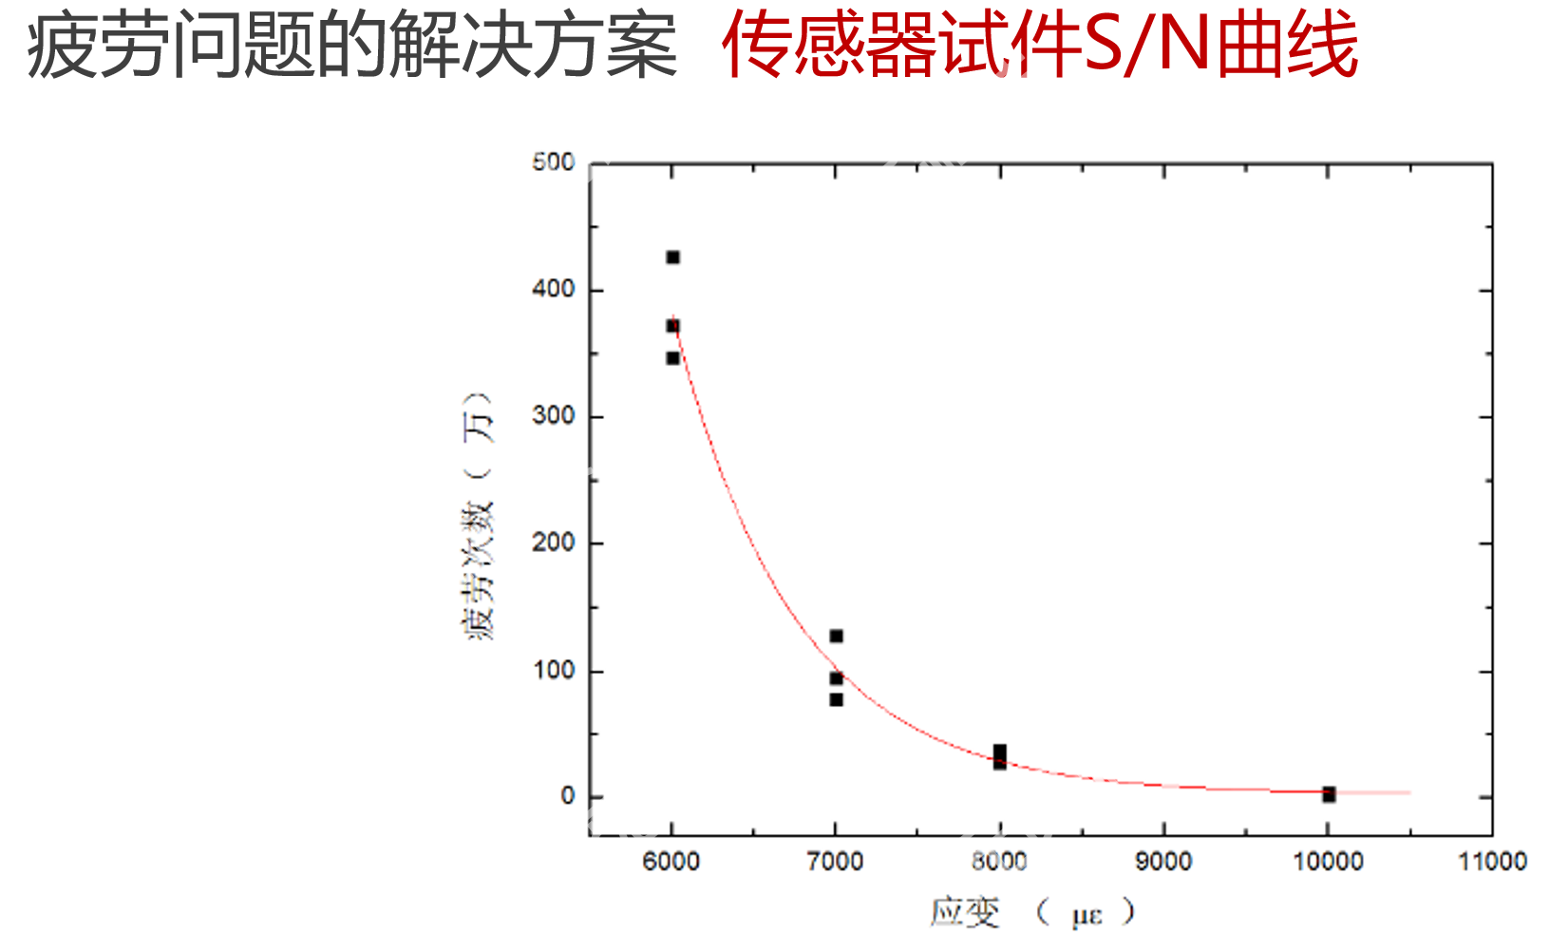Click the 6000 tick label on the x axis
[671, 862]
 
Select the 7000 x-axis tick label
[835, 862]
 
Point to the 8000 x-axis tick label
[999, 862]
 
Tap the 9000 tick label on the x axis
[1163, 862]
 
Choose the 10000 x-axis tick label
[1328, 862]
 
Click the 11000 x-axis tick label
[1492, 862]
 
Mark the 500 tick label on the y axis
[554, 162]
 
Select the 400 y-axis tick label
[554, 289]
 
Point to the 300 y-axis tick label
[554, 416]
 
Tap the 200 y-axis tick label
[554, 542]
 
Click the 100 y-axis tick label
[554, 671]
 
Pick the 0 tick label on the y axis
[568, 796]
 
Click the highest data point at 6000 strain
[672, 257]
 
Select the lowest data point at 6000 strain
[672, 358]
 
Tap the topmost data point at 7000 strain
[836, 636]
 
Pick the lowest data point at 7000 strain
[836, 699]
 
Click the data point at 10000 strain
[1329, 794]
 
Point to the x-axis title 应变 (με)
[1031, 913]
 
